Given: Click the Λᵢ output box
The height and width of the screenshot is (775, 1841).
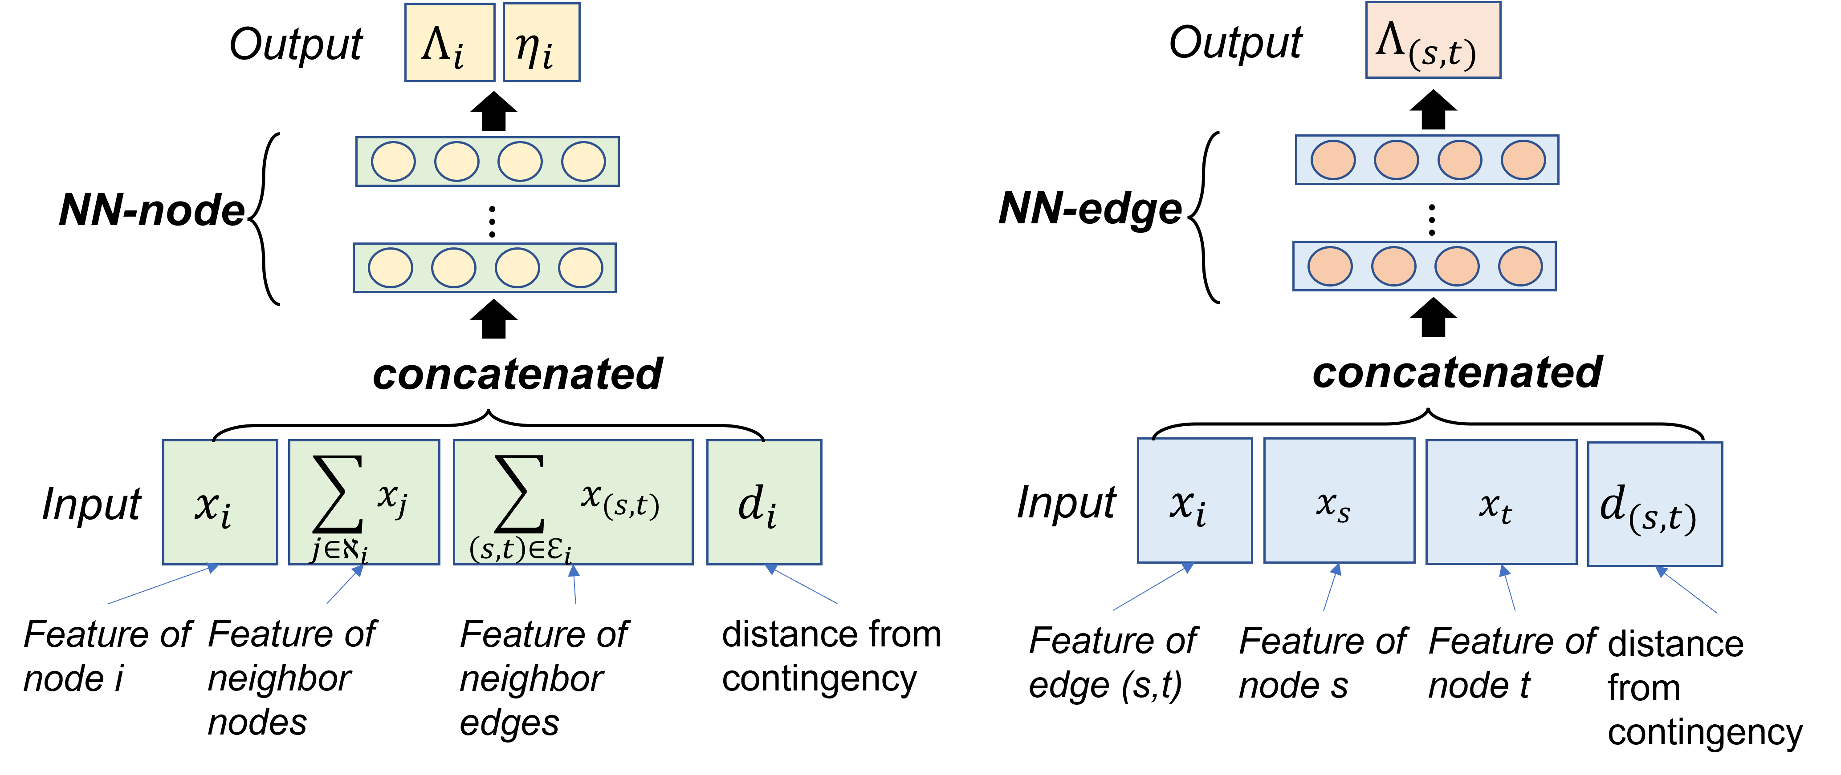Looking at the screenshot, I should coord(449,43).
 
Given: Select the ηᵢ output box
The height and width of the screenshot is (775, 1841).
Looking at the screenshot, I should coord(541,43).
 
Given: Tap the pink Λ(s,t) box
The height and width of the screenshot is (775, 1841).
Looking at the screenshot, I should coord(1433,40).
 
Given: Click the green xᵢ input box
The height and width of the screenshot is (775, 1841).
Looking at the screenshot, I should coord(220,502).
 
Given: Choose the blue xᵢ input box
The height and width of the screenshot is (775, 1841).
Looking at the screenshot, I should coord(1194,501).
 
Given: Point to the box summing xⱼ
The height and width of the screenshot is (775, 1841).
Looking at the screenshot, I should coord(364,502).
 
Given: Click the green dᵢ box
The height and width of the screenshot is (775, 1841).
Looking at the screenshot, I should coord(764,502).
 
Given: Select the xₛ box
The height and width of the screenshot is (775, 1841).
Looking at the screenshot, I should coord(1339,501).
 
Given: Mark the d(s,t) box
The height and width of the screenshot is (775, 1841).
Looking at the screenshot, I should coord(1654,505).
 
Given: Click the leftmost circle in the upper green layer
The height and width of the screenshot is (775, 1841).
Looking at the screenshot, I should coord(393,161).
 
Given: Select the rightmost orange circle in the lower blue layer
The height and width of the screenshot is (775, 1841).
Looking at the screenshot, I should coord(1519,266).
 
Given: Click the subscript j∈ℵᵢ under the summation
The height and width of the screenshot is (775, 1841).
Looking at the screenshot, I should coord(339,551).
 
